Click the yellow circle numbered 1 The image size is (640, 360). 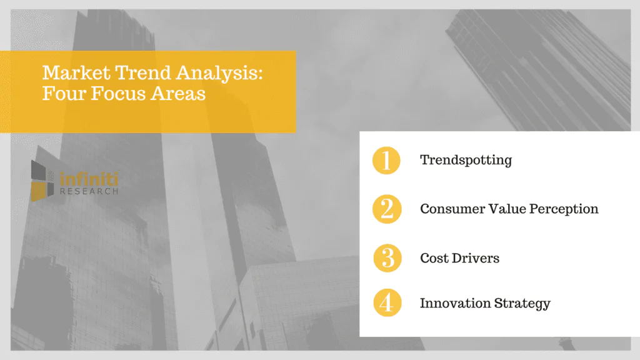[x=387, y=161]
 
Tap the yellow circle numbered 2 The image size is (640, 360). [x=387, y=209]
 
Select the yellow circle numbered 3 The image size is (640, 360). [x=387, y=257]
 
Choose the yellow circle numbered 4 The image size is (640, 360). [x=387, y=304]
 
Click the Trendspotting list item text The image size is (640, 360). [x=466, y=161]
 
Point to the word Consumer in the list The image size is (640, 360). [x=452, y=209]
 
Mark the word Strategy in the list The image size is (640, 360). [x=522, y=304]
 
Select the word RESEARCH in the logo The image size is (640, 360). [x=89, y=191]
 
